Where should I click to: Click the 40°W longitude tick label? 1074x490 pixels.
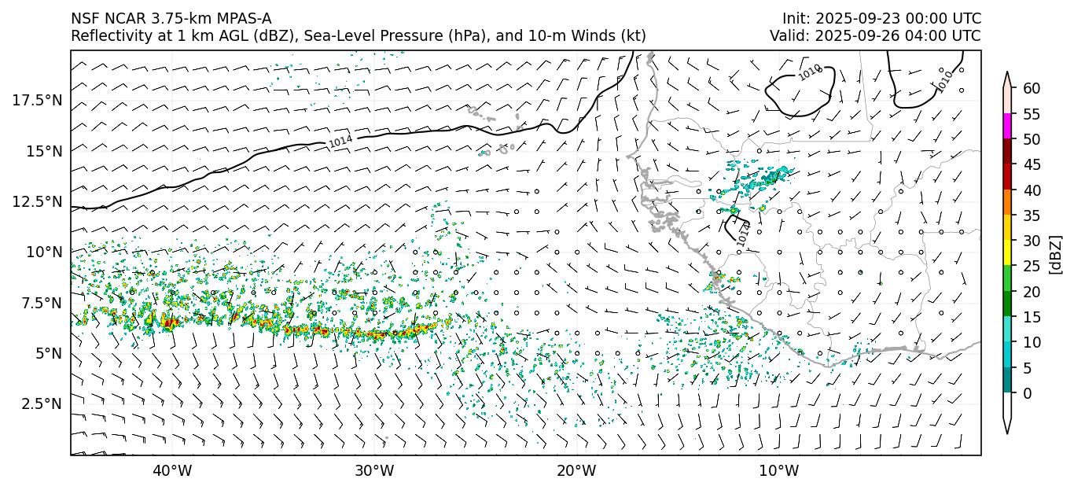[x=171, y=471]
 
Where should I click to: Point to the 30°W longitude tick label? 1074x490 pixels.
[x=374, y=471]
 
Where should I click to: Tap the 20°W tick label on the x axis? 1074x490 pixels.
[x=576, y=471]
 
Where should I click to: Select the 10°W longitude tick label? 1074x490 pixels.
[x=779, y=471]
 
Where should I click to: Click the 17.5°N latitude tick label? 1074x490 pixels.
[x=37, y=100]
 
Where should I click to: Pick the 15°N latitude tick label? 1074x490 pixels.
[x=43, y=150]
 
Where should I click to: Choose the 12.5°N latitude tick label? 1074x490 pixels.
[x=37, y=201]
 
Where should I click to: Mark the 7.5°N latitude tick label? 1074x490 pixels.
[x=40, y=303]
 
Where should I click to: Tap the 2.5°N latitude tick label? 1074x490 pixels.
[x=40, y=403]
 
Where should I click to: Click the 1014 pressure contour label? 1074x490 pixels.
[x=340, y=141]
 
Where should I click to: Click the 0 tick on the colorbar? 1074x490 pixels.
[x=1027, y=393]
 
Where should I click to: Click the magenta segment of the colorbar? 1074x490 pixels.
[x=1007, y=127]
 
